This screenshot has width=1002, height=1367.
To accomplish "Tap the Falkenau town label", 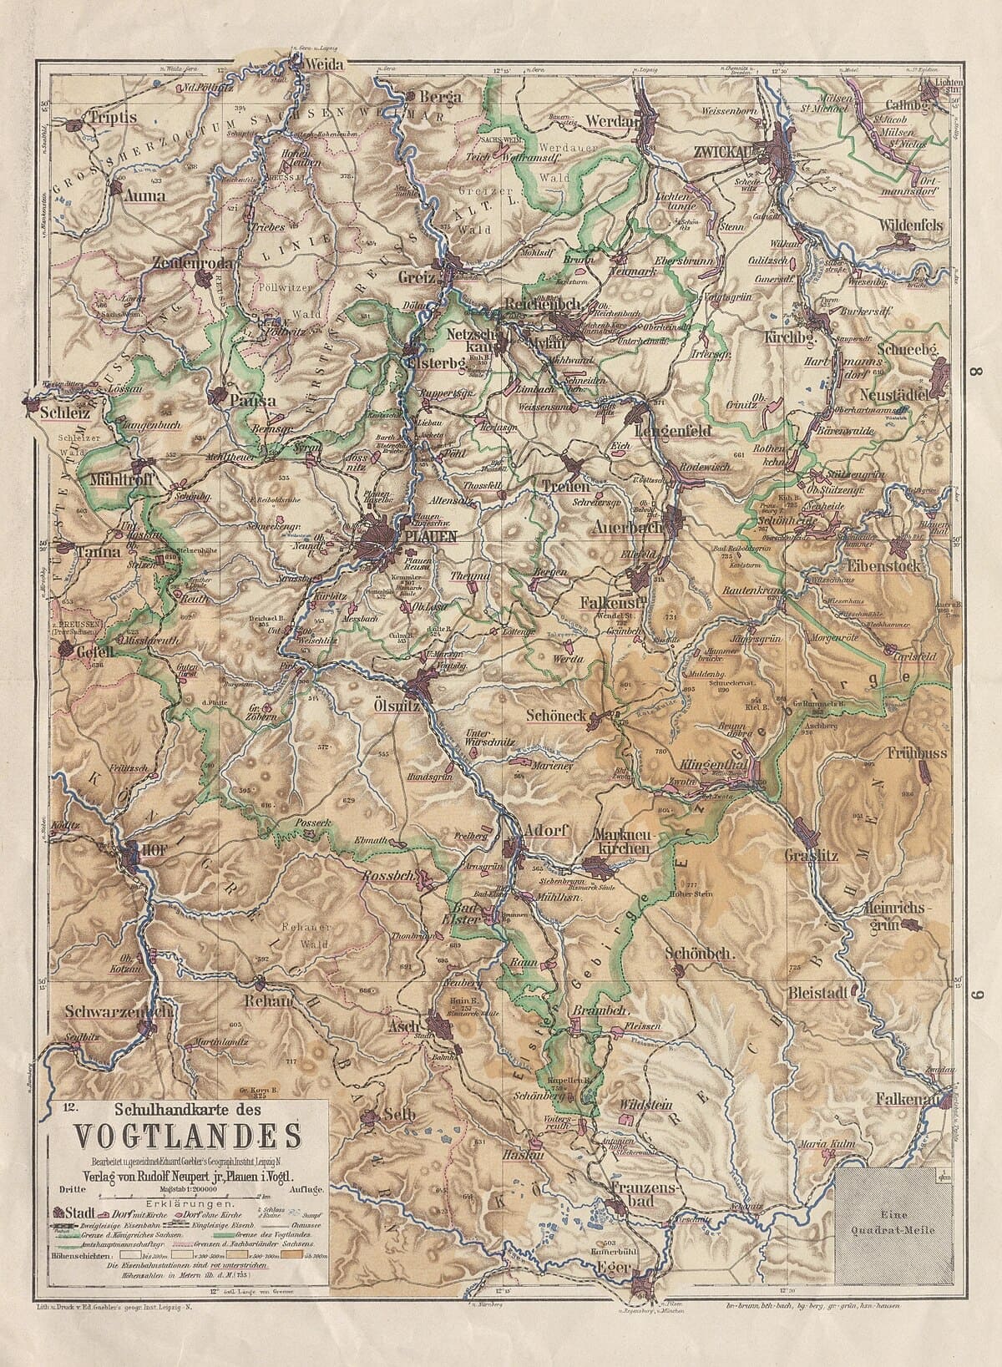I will (909, 1101).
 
